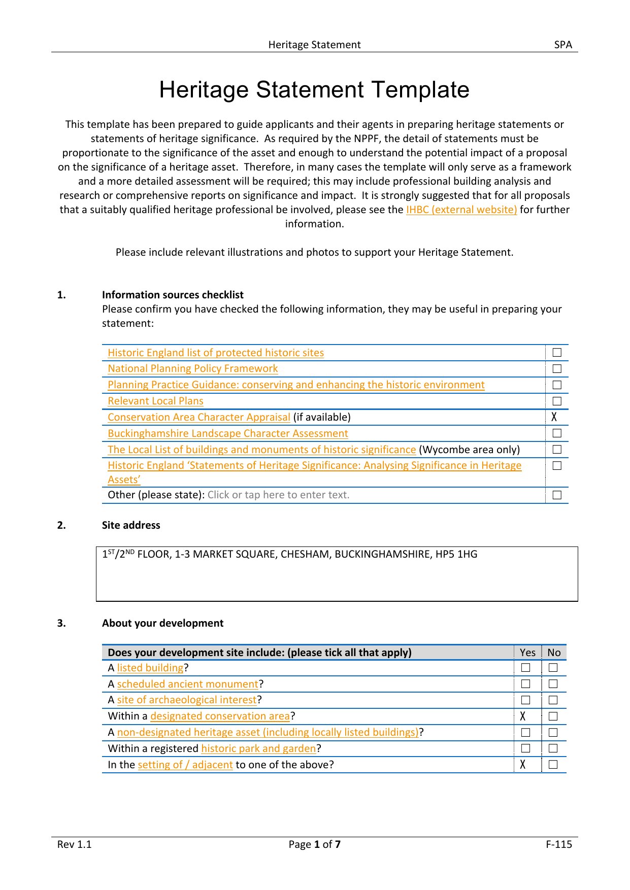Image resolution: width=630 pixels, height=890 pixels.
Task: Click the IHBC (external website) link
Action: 461,210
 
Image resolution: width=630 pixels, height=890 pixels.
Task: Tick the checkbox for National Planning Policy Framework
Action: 557,369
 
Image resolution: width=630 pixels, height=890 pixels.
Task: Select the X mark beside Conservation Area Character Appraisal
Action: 554,417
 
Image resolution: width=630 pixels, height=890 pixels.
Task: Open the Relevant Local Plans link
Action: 155,401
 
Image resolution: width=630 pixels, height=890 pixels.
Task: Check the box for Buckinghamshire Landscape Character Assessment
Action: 557,433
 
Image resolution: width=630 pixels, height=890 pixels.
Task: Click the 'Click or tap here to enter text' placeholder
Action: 278,495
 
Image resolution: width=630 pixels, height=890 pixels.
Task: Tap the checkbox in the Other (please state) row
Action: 557,495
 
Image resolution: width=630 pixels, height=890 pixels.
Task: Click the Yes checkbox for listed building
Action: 526,668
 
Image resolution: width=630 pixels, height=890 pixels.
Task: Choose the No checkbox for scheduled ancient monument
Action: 553,684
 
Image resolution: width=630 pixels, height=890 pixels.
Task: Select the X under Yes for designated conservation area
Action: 523,716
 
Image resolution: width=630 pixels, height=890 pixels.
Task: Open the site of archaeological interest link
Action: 187,700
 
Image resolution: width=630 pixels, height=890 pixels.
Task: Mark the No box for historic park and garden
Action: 553,748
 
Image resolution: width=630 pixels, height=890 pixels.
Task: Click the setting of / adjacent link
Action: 185,765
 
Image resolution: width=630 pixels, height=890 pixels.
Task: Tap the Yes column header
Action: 527,653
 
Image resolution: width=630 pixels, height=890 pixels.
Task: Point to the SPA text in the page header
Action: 563,45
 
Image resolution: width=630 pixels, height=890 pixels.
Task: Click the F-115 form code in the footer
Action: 559,844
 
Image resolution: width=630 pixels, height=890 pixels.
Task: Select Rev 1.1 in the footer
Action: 74,844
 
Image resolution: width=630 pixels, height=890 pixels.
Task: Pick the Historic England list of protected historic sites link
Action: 216,353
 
